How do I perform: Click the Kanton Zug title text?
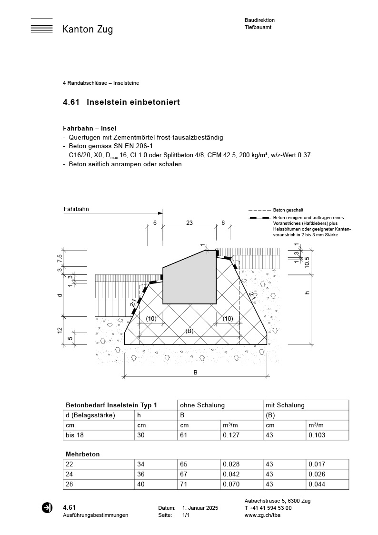tap(88, 30)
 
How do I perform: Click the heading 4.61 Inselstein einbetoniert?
tap(121, 102)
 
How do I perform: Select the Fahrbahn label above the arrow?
tap(76, 209)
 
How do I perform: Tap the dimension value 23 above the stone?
tap(189, 222)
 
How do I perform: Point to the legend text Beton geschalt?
tap(288, 210)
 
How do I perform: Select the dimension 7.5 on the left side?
tap(60, 259)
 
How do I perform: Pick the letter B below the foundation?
tap(195, 373)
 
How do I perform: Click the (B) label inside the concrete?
tap(189, 331)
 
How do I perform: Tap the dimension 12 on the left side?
tap(60, 330)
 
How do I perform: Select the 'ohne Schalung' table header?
tap(202, 405)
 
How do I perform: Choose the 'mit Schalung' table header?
tap(285, 405)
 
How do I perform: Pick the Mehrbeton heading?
tap(82, 454)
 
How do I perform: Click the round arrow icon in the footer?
tap(47, 508)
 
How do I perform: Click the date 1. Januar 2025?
tap(200, 508)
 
